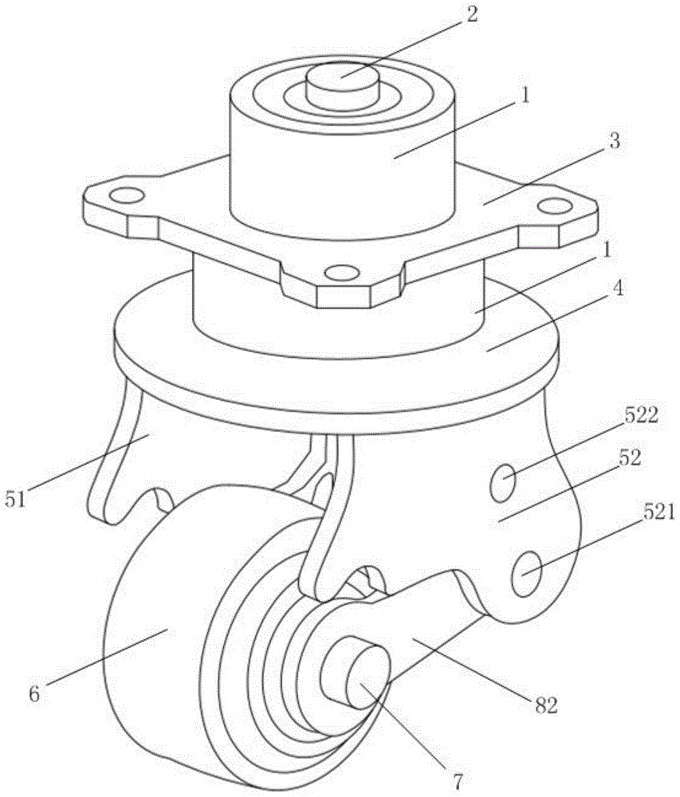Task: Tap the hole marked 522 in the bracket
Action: pos(502,485)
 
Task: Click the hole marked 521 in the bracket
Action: pos(529,574)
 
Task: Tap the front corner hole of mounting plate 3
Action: pos(341,273)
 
